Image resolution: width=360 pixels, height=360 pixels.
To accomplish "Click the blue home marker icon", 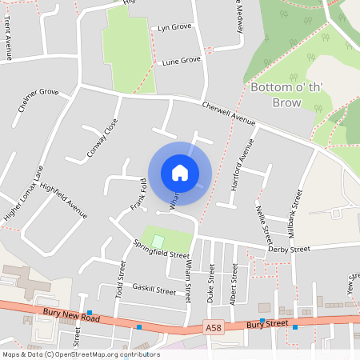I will pos(180,173).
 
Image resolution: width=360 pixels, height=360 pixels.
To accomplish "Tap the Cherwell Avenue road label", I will pos(228,114).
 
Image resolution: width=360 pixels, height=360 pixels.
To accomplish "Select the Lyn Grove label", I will pos(174,27).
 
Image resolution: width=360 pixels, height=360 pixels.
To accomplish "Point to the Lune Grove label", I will pos(181,61).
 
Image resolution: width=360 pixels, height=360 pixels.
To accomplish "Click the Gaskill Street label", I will pos(154,289).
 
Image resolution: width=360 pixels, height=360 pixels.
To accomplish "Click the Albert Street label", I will pos(234,284).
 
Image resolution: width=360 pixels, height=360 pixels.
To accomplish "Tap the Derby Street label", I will pos(289,250).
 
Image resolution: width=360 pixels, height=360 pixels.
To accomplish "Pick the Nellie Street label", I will pos(262,223).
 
